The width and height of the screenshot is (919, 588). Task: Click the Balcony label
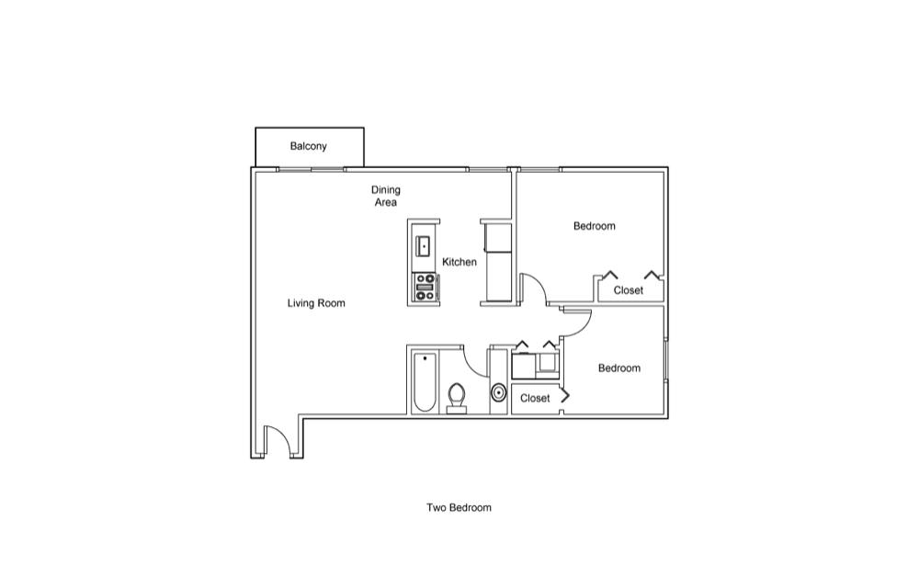click(x=309, y=146)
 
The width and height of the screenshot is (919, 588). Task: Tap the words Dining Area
click(x=386, y=196)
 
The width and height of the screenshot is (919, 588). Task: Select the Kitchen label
click(x=459, y=262)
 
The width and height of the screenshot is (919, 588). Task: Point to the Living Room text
click(x=316, y=303)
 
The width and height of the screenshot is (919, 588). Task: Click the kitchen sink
click(x=424, y=245)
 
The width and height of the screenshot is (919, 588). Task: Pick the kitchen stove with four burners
click(x=425, y=288)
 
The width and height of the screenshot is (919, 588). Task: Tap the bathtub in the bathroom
click(x=425, y=382)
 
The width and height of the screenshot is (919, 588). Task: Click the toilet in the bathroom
click(x=457, y=398)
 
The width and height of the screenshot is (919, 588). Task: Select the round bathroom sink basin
click(x=498, y=394)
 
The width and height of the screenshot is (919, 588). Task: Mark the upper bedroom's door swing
click(x=535, y=288)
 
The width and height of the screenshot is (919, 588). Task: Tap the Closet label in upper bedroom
click(x=629, y=290)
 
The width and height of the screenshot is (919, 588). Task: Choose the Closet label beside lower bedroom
click(x=535, y=399)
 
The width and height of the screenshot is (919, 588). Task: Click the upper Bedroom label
click(x=595, y=226)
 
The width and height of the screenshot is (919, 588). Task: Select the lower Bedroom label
click(x=619, y=368)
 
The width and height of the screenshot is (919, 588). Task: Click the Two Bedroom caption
click(x=459, y=507)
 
